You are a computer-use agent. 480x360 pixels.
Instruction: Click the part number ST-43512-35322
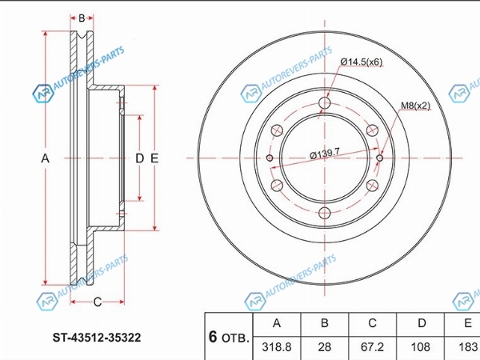point(97,338)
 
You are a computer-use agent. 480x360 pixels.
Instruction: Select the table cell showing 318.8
point(277,347)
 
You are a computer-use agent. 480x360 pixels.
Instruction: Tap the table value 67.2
point(372,347)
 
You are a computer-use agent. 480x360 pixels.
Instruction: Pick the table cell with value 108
point(420,347)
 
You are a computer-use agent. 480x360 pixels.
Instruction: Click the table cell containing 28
point(325,347)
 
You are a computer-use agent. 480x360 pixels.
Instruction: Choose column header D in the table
point(422,323)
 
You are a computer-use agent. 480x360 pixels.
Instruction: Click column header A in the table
point(277,323)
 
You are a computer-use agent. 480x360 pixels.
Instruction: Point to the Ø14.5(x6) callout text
point(362,62)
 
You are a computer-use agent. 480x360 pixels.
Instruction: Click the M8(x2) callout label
point(415,106)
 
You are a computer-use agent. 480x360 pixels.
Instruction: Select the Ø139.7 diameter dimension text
point(325,154)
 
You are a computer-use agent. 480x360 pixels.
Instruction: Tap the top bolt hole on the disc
point(325,103)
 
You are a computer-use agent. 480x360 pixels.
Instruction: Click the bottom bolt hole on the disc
point(325,213)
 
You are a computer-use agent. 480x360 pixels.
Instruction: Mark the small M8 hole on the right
point(379,158)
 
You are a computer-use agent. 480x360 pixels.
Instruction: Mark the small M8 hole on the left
point(270,158)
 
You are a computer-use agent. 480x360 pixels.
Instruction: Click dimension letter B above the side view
point(82,18)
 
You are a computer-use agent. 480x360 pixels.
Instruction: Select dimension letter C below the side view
point(98,302)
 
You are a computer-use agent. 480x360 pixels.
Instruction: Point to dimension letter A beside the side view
point(46,158)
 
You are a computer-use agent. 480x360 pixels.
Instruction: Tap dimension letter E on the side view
point(154,158)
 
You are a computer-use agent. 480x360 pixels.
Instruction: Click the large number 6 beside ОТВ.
point(213,337)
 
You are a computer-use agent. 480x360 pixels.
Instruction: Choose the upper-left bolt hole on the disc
point(277,130)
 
